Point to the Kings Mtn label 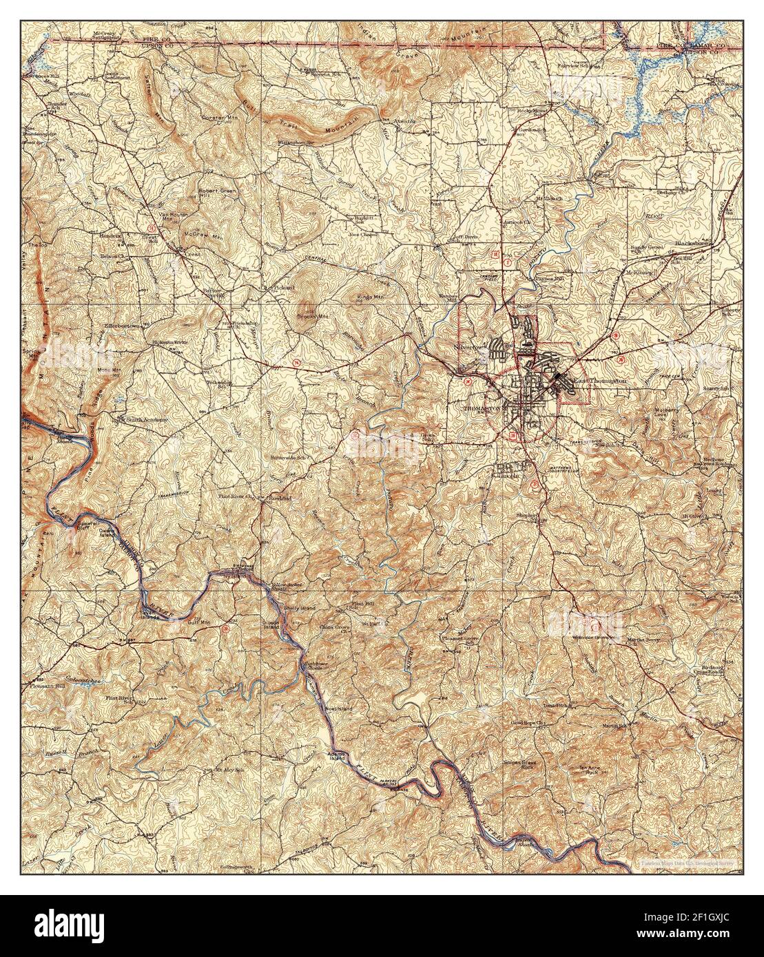coord(369,297)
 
